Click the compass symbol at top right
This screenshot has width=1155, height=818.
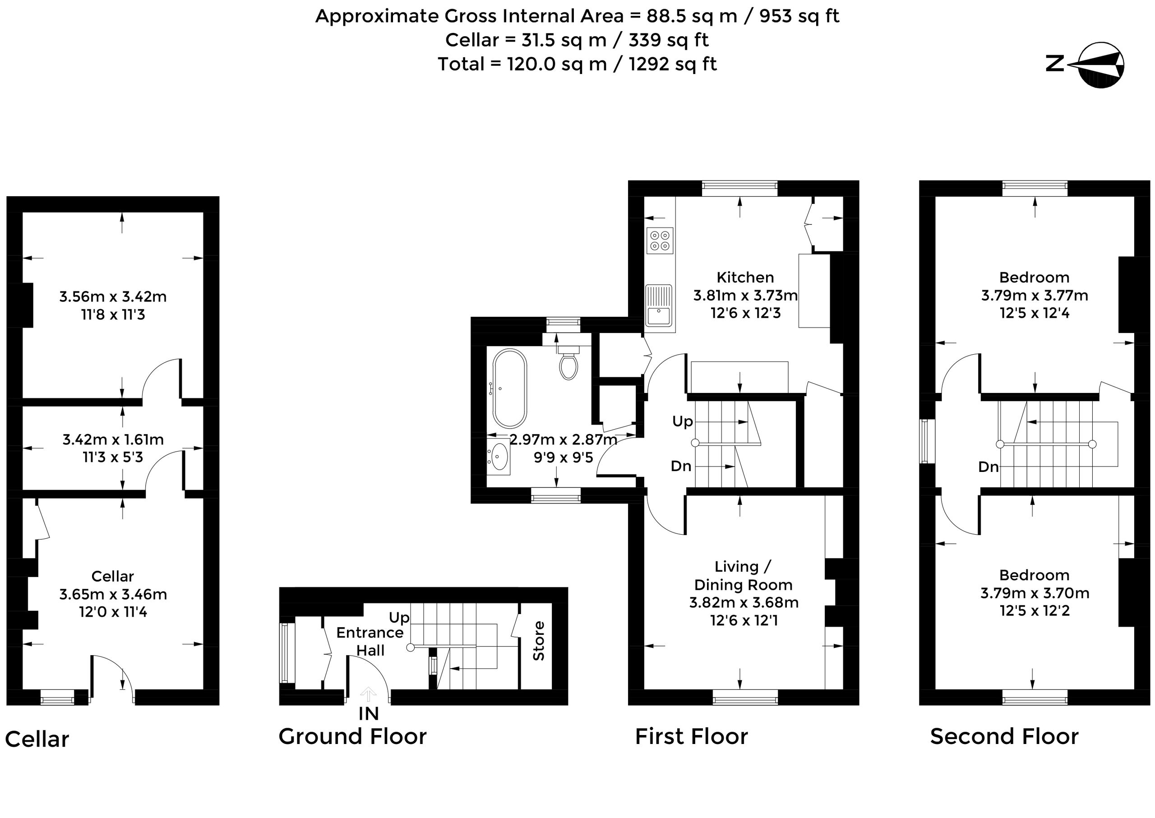coord(1102,65)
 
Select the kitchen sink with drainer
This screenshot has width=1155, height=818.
coord(659,305)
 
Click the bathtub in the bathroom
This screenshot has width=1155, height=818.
coord(509,388)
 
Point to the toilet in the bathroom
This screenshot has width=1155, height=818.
coord(568,361)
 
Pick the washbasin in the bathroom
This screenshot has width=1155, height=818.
coord(499,456)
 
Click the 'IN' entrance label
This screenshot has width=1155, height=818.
coord(369,714)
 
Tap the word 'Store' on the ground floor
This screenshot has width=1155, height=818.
coord(538,641)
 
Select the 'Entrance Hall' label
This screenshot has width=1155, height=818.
coord(370,641)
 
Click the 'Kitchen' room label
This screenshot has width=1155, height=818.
coord(745,277)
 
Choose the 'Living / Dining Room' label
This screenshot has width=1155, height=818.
coord(744,576)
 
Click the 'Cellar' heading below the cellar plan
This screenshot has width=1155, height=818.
coord(37,739)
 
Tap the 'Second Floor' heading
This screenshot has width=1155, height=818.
coord(1004,736)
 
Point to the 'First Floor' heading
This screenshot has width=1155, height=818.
coord(692,736)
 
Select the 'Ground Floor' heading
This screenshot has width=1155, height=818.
coord(353,736)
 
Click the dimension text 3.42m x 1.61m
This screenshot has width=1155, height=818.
coord(113,440)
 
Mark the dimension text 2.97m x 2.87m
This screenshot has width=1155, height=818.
coord(563,440)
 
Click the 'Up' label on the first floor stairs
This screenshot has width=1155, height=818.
coord(683,421)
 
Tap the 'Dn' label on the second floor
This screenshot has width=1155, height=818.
coord(988,467)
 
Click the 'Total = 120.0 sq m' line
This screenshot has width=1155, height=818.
coord(577,65)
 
